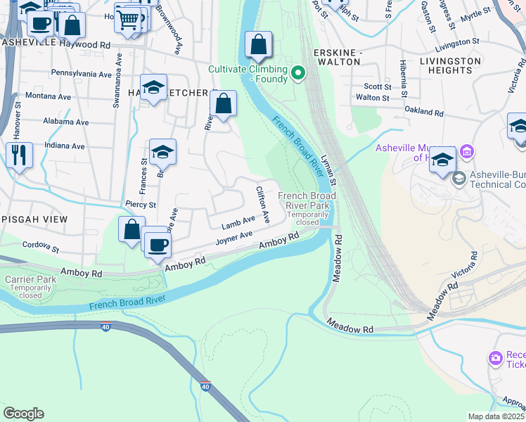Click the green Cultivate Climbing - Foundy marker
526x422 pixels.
pyautogui.click(x=298, y=72)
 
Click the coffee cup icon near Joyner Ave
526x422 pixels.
pyautogui.click(x=158, y=244)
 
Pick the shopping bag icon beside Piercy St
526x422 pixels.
pyautogui.click(x=131, y=230)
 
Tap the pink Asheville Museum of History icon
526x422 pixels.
pyautogui.click(x=466, y=152)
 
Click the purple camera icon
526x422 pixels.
pyautogui.click(x=496, y=358)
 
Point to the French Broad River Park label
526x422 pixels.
pyautogui.click(x=307, y=200)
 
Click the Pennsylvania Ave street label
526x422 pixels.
pyautogui.click(x=82, y=74)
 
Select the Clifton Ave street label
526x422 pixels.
pyautogui.click(x=263, y=204)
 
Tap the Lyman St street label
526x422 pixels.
pyautogui.click(x=329, y=170)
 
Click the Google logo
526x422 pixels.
pyautogui.click(x=23, y=414)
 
